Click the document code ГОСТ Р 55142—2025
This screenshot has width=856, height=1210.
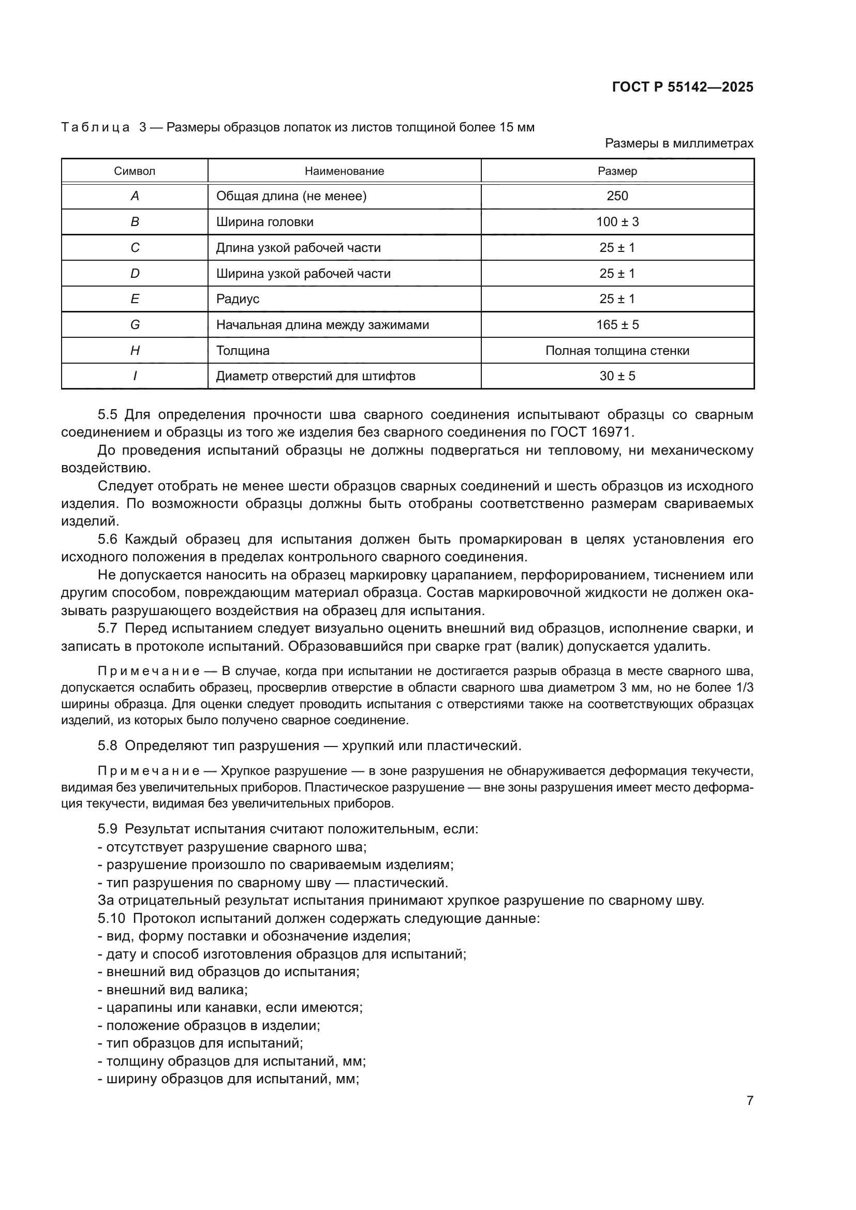[683, 87]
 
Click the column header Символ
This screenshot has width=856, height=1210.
[135, 171]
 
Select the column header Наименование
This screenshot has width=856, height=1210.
[344, 171]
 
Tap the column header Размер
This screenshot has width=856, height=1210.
[617, 171]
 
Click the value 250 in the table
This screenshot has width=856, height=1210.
[617, 196]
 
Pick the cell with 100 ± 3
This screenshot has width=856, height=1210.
[617, 222]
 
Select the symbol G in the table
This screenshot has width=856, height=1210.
[135, 325]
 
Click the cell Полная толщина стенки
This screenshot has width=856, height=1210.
[617, 350]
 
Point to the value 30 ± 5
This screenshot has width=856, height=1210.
[617, 376]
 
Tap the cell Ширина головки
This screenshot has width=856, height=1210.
[264, 222]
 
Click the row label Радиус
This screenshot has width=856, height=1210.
[238, 299]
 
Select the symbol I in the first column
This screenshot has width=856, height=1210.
[135, 376]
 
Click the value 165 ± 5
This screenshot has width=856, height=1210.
[617, 325]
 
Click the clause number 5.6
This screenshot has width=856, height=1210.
[108, 539]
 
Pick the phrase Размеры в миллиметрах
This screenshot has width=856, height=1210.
[679, 143]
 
